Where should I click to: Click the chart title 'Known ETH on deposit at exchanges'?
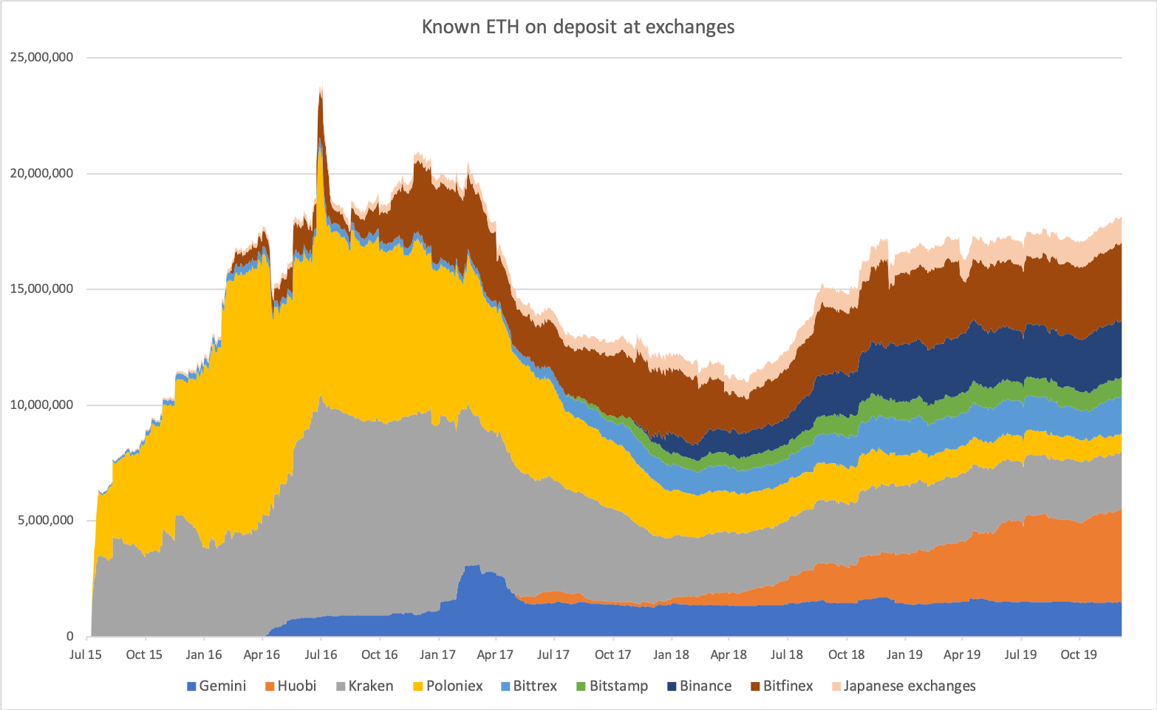point(578,27)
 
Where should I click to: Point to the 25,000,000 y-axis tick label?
point(42,58)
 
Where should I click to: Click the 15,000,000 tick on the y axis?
point(42,289)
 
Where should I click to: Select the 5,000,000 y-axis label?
point(45,521)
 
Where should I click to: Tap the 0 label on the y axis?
point(70,636)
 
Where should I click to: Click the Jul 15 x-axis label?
point(86,655)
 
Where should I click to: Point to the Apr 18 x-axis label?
point(728,655)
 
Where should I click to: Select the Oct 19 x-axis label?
point(1079,655)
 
